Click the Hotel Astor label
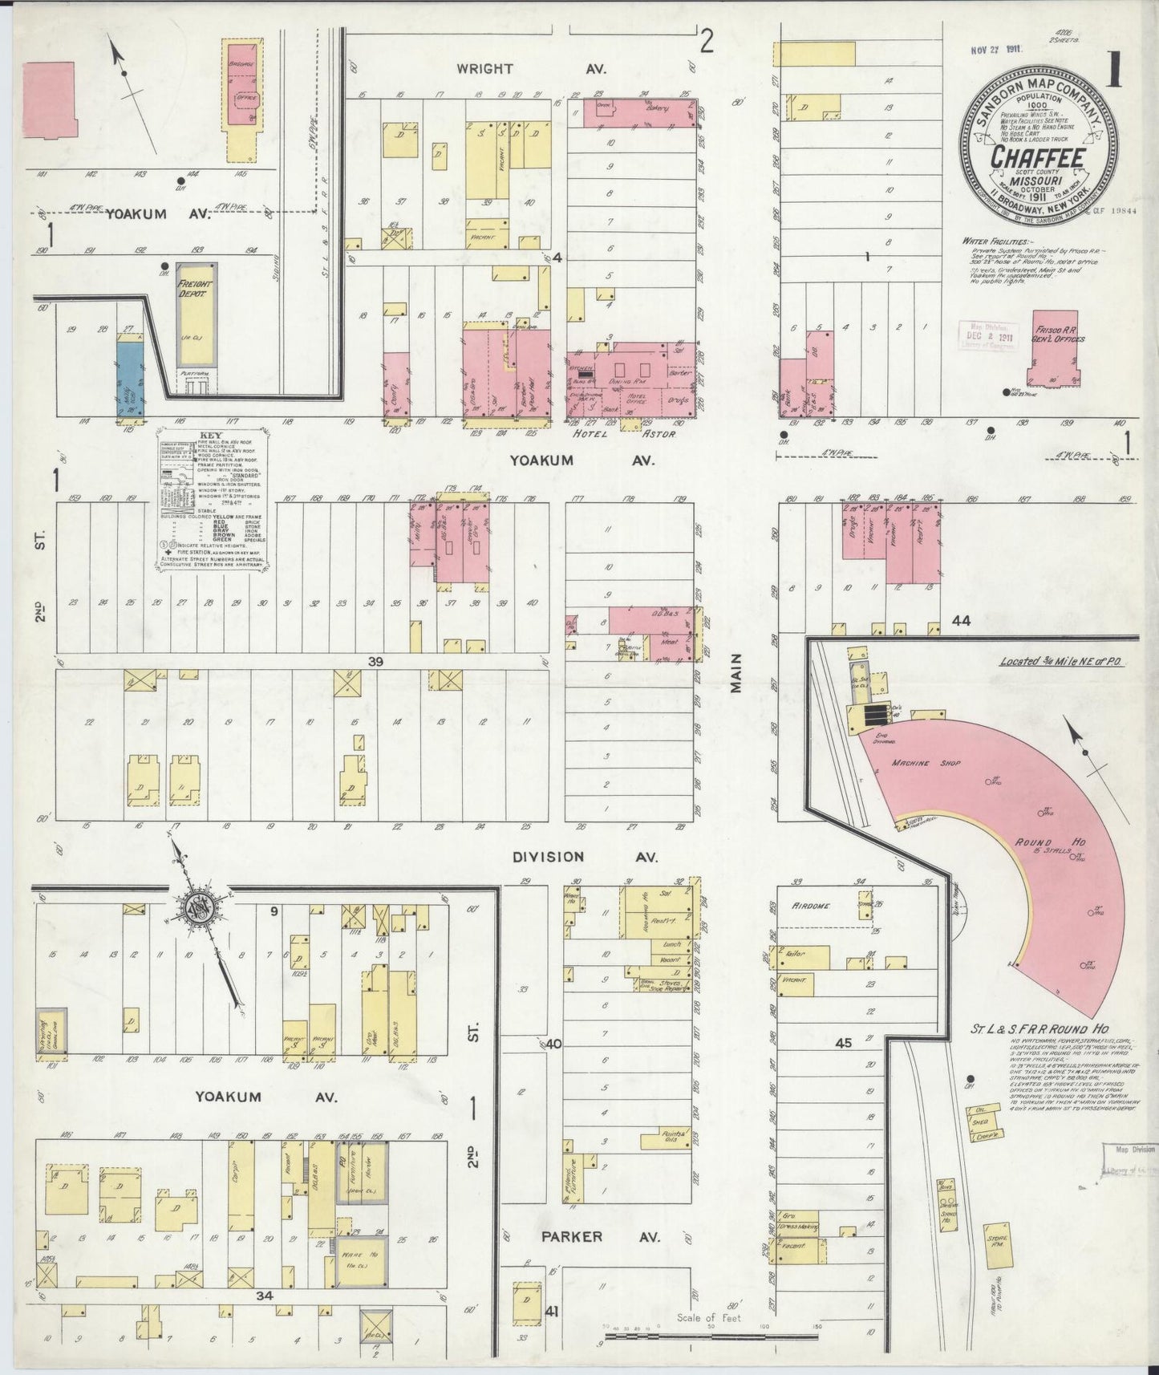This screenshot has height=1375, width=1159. click(622, 433)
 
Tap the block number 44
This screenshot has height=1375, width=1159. click(961, 620)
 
